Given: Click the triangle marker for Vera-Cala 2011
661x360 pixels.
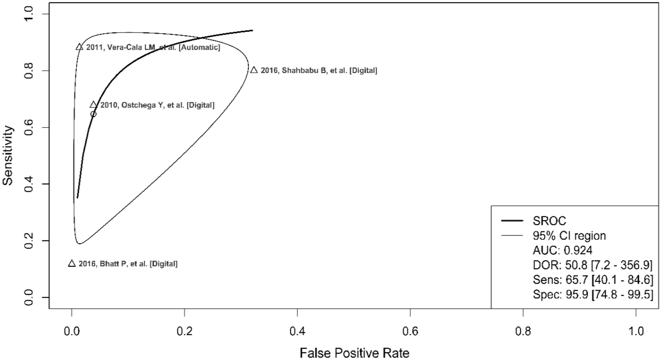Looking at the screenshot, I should pos(79,47).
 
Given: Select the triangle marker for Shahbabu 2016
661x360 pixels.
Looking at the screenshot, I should pos(254,70).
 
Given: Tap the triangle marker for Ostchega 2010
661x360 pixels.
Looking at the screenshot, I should pos(93,105).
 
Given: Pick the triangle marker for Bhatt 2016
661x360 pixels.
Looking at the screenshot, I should pos(72,264).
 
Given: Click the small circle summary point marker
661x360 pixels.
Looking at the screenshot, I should pos(93,114).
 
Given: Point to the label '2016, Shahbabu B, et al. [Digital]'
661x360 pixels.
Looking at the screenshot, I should pos(319,70).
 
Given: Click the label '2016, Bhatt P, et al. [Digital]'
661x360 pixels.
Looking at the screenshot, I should pos(128,264).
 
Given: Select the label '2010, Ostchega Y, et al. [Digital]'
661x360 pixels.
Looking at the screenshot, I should pos(157,105).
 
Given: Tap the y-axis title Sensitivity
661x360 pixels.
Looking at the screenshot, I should pos(8,156).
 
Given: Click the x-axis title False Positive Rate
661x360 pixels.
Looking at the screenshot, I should pos(354,353).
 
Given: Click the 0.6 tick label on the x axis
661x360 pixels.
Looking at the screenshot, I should pos(410,332).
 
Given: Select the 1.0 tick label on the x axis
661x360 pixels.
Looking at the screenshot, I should pos(636,332).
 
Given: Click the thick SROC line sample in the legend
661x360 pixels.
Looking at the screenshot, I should pos(512,221).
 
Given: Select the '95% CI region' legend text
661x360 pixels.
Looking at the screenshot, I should pos(569,236).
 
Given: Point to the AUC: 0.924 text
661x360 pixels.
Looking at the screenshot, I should pos(563,250).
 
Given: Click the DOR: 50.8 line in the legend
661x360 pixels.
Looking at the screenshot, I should pos(592,265).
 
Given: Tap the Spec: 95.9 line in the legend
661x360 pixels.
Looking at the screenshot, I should pos(593,295).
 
